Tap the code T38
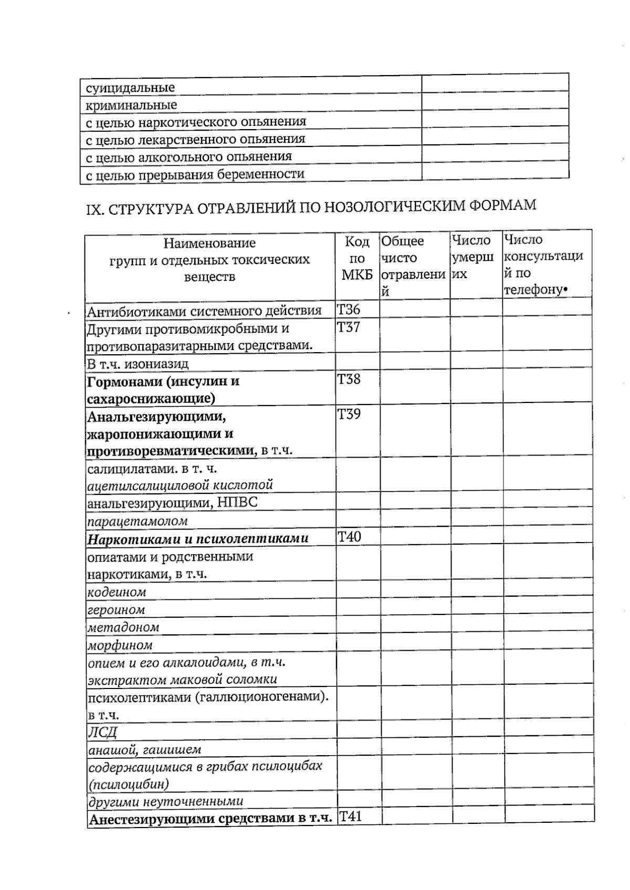pos(349,379)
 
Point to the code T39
pos(349,415)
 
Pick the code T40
pos(349,537)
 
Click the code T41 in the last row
pos(350,817)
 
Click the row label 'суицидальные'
pos(130,88)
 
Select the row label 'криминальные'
pos(131,105)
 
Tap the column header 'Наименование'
pos(209,243)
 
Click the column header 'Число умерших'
pos(472,257)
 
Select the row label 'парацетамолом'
pos(138,521)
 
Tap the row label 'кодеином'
pos(117,592)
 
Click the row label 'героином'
pos(116,610)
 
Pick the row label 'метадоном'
pos(123,627)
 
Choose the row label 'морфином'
pos(120,645)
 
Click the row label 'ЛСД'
pos(102,732)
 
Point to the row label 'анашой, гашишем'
pos(144,749)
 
